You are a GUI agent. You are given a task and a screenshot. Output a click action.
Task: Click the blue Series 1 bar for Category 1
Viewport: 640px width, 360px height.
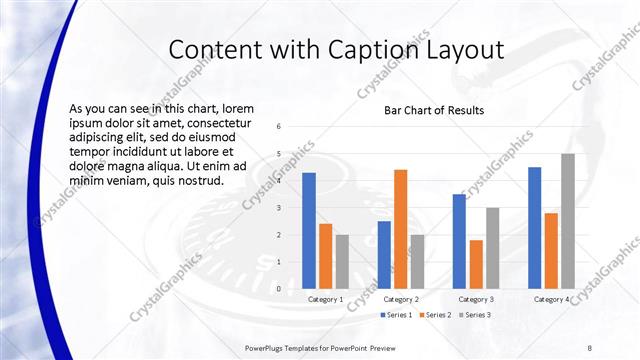[309, 230]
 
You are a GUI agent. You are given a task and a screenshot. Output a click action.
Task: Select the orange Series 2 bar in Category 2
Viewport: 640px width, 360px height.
[401, 228]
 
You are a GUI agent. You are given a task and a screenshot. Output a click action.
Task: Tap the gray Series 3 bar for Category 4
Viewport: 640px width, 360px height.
[568, 220]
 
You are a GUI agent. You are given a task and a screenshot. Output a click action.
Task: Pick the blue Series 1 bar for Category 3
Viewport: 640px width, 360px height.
[459, 240]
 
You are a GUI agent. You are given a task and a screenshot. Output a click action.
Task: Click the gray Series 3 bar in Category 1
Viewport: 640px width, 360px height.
[343, 261]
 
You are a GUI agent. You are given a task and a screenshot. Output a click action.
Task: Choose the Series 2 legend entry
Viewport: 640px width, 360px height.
[435, 315]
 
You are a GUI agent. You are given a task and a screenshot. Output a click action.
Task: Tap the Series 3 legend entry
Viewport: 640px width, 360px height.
[474, 315]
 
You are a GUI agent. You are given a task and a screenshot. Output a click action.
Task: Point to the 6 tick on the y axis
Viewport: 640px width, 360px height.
[279, 126]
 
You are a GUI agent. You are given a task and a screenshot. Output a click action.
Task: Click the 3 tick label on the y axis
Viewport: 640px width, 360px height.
[279, 207]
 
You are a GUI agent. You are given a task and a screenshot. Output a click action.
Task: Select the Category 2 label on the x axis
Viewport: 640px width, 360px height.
[401, 299]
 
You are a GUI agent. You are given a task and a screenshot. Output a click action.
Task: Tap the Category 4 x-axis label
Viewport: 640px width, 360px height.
[552, 299]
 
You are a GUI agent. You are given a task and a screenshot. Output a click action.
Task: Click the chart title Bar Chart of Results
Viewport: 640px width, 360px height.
[434, 110]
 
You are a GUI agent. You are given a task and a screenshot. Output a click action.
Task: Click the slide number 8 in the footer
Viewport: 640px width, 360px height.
[589, 347]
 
